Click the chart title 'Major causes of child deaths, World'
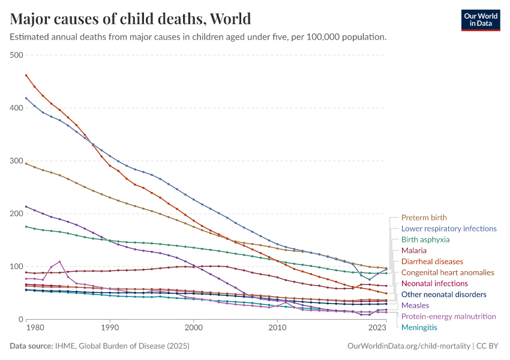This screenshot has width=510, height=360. pyautogui.click(x=130, y=19)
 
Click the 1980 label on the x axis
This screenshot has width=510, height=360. pyautogui.click(x=35, y=328)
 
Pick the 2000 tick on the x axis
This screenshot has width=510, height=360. pyautogui.click(x=193, y=328)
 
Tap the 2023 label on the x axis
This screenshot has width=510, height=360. pyautogui.click(x=377, y=328)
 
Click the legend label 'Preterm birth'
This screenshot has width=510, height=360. pyautogui.click(x=424, y=218)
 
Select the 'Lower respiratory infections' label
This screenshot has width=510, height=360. pyautogui.click(x=448, y=229)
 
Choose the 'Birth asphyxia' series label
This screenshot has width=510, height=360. pyautogui.click(x=425, y=239)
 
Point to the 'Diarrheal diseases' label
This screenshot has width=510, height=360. pyautogui.click(x=432, y=262)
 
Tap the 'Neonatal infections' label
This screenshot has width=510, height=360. pyautogui.click(x=434, y=283)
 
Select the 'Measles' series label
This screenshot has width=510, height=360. pyautogui.click(x=415, y=305)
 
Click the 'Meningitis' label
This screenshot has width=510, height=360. pyautogui.click(x=419, y=327)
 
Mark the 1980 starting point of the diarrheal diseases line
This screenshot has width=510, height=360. pyautogui.click(x=26, y=75)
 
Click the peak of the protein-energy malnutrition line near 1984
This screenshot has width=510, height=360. pyautogui.click(x=60, y=262)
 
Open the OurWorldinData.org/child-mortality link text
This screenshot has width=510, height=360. pyautogui.click(x=409, y=346)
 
